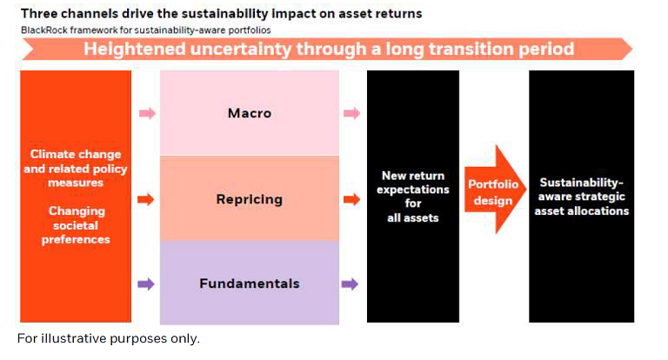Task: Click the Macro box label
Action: point(250,113)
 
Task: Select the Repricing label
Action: point(250,199)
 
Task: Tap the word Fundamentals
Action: point(250,283)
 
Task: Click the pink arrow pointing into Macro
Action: point(147,113)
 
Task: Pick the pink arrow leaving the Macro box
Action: point(352,113)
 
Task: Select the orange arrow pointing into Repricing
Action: point(146,199)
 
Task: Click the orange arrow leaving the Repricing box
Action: point(351,199)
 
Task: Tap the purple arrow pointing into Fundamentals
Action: point(146,284)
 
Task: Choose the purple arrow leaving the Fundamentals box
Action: point(350,284)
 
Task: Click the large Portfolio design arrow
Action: point(495,190)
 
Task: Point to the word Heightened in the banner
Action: point(135,49)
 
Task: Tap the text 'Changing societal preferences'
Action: point(76,225)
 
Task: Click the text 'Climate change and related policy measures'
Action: point(76,169)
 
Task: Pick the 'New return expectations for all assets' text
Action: point(413,197)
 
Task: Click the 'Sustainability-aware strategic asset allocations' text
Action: point(582,197)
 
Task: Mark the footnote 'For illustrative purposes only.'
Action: point(109,339)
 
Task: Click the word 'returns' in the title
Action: point(403,14)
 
